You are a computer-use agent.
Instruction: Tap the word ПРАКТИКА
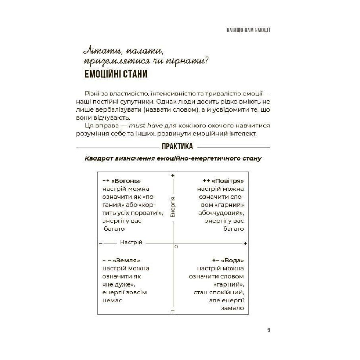177,147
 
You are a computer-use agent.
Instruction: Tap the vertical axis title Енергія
172,207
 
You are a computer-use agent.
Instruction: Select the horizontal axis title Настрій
131,242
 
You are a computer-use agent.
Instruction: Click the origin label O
176,247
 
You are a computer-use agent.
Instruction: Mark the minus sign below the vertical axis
173,310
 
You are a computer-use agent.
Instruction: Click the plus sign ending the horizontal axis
245,243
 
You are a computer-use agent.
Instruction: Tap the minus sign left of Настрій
100,243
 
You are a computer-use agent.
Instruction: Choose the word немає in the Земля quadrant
113,300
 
